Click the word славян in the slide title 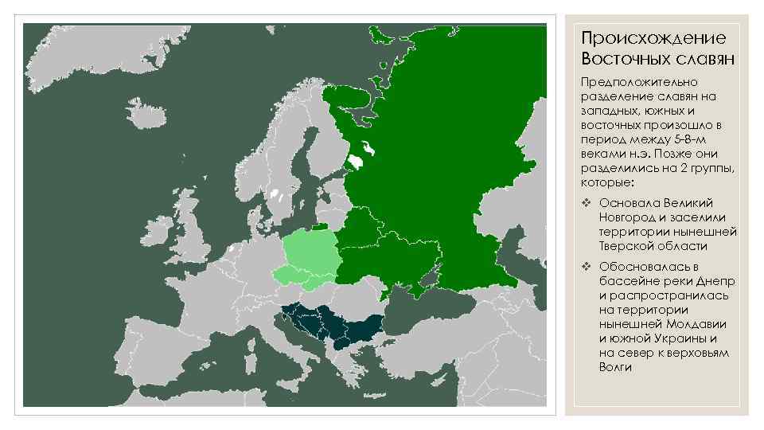[x=700, y=59]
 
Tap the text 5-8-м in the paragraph [x=690, y=139]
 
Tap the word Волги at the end [x=615, y=367]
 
